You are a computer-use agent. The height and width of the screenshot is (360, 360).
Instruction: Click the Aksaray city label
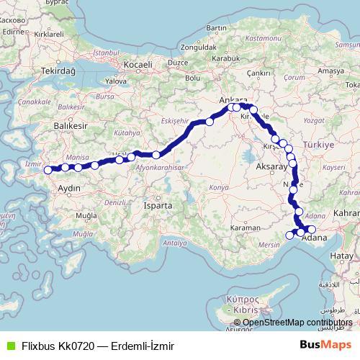pos(271,167)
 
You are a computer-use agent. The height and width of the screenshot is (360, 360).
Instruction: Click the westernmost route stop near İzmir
pos(48,170)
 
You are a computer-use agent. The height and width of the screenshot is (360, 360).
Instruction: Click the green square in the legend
pos(9,346)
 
